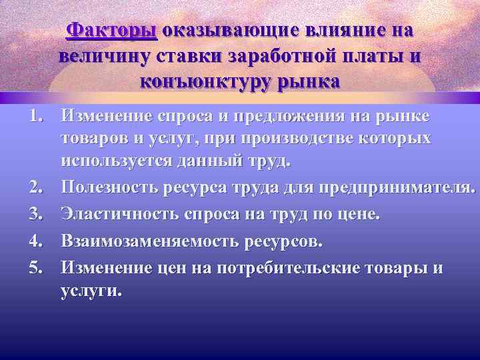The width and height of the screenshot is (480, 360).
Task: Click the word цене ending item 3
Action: click(x=360, y=215)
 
